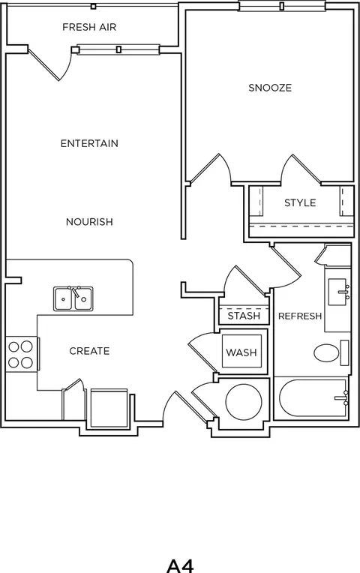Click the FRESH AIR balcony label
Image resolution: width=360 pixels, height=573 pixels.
[89, 27]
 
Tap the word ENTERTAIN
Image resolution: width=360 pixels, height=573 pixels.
[89, 143]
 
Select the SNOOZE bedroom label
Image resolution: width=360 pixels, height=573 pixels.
[270, 88]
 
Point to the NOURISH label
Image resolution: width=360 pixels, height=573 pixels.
[89, 222]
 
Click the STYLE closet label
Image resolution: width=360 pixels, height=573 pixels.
[300, 202]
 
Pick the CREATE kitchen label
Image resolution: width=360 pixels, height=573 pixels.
[89, 351]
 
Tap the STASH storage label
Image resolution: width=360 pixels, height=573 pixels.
[244, 316]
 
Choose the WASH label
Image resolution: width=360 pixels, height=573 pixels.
[241, 352]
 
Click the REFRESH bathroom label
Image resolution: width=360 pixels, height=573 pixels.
[300, 316]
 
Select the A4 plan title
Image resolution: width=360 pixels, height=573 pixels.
[180, 565]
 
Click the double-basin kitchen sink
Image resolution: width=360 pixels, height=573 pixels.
[73, 298]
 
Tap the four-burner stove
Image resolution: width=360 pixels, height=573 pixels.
[21, 354]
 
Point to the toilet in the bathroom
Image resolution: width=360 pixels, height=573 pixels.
[331, 353]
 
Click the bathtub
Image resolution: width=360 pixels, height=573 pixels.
[313, 398]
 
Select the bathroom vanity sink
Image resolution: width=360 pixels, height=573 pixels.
[338, 292]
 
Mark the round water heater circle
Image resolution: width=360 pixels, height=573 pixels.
[244, 401]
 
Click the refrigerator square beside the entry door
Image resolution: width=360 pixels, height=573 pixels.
[109, 408]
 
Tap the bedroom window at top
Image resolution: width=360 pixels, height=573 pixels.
[282, 6]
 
